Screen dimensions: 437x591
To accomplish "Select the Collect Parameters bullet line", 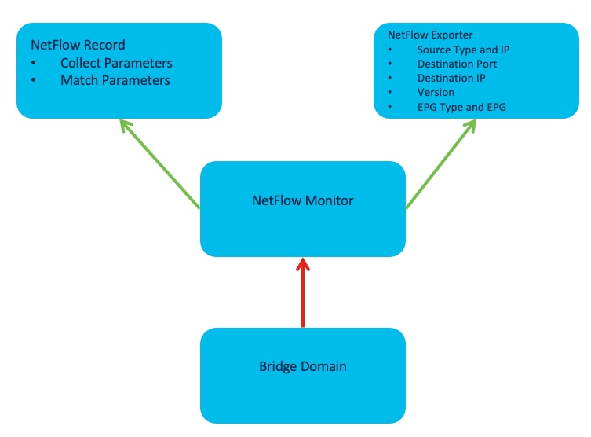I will coord(116,63).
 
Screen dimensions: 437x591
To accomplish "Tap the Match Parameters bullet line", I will coord(115,80).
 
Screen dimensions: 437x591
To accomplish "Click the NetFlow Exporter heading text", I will coord(430,35).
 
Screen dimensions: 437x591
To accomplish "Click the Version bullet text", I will coord(436,93).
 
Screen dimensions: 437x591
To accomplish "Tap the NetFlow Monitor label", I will coord(303,200).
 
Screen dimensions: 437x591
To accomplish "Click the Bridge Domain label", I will coord(303,366).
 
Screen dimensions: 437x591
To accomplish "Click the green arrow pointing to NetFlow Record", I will coord(160,164).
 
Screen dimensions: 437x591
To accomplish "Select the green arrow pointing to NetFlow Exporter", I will coord(442,163).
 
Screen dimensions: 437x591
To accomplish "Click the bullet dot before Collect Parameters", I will coord(34,63).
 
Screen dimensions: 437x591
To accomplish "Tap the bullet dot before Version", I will coord(391,93).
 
